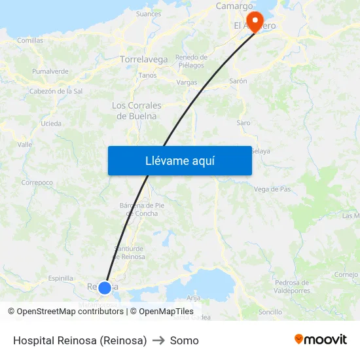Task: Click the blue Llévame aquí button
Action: tap(180, 160)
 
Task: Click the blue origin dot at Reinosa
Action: tap(105, 287)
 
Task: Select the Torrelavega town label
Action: tap(144, 60)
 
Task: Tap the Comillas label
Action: tap(30, 41)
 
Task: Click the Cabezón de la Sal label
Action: tap(56, 91)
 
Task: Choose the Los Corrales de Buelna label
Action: tap(137, 111)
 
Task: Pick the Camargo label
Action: tap(234, 7)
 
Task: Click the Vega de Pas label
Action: tap(272, 189)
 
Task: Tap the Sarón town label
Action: tap(238, 81)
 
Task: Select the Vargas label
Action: tap(187, 83)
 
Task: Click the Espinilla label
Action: tap(61, 278)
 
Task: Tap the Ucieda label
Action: tap(51, 123)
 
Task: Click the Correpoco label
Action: tap(37, 183)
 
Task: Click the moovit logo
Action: tap(321, 339)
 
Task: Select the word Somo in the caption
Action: tap(185, 340)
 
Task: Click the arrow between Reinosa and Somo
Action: tap(158, 340)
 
